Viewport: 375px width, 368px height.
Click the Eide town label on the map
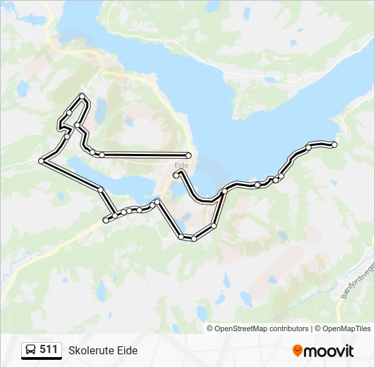point(181,165)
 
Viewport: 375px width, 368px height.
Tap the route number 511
point(48,350)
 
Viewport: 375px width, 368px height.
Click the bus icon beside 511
point(31,350)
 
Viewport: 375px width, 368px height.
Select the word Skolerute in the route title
point(91,350)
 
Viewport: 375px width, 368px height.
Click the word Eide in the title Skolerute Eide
point(127,350)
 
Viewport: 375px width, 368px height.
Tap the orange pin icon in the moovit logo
point(297,351)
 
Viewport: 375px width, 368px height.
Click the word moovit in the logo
point(329,351)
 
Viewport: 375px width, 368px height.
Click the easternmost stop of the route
point(334,144)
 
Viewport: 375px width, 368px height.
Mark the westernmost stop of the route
point(42,161)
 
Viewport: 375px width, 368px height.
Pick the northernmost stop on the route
point(82,96)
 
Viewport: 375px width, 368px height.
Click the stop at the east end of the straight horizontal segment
point(188,155)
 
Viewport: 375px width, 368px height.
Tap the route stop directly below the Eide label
point(176,175)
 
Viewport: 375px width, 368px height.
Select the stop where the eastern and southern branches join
point(224,191)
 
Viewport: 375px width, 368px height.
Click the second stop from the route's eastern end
point(309,147)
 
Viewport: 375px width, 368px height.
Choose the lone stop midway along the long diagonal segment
point(100,189)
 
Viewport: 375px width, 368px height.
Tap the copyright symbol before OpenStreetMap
point(210,328)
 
